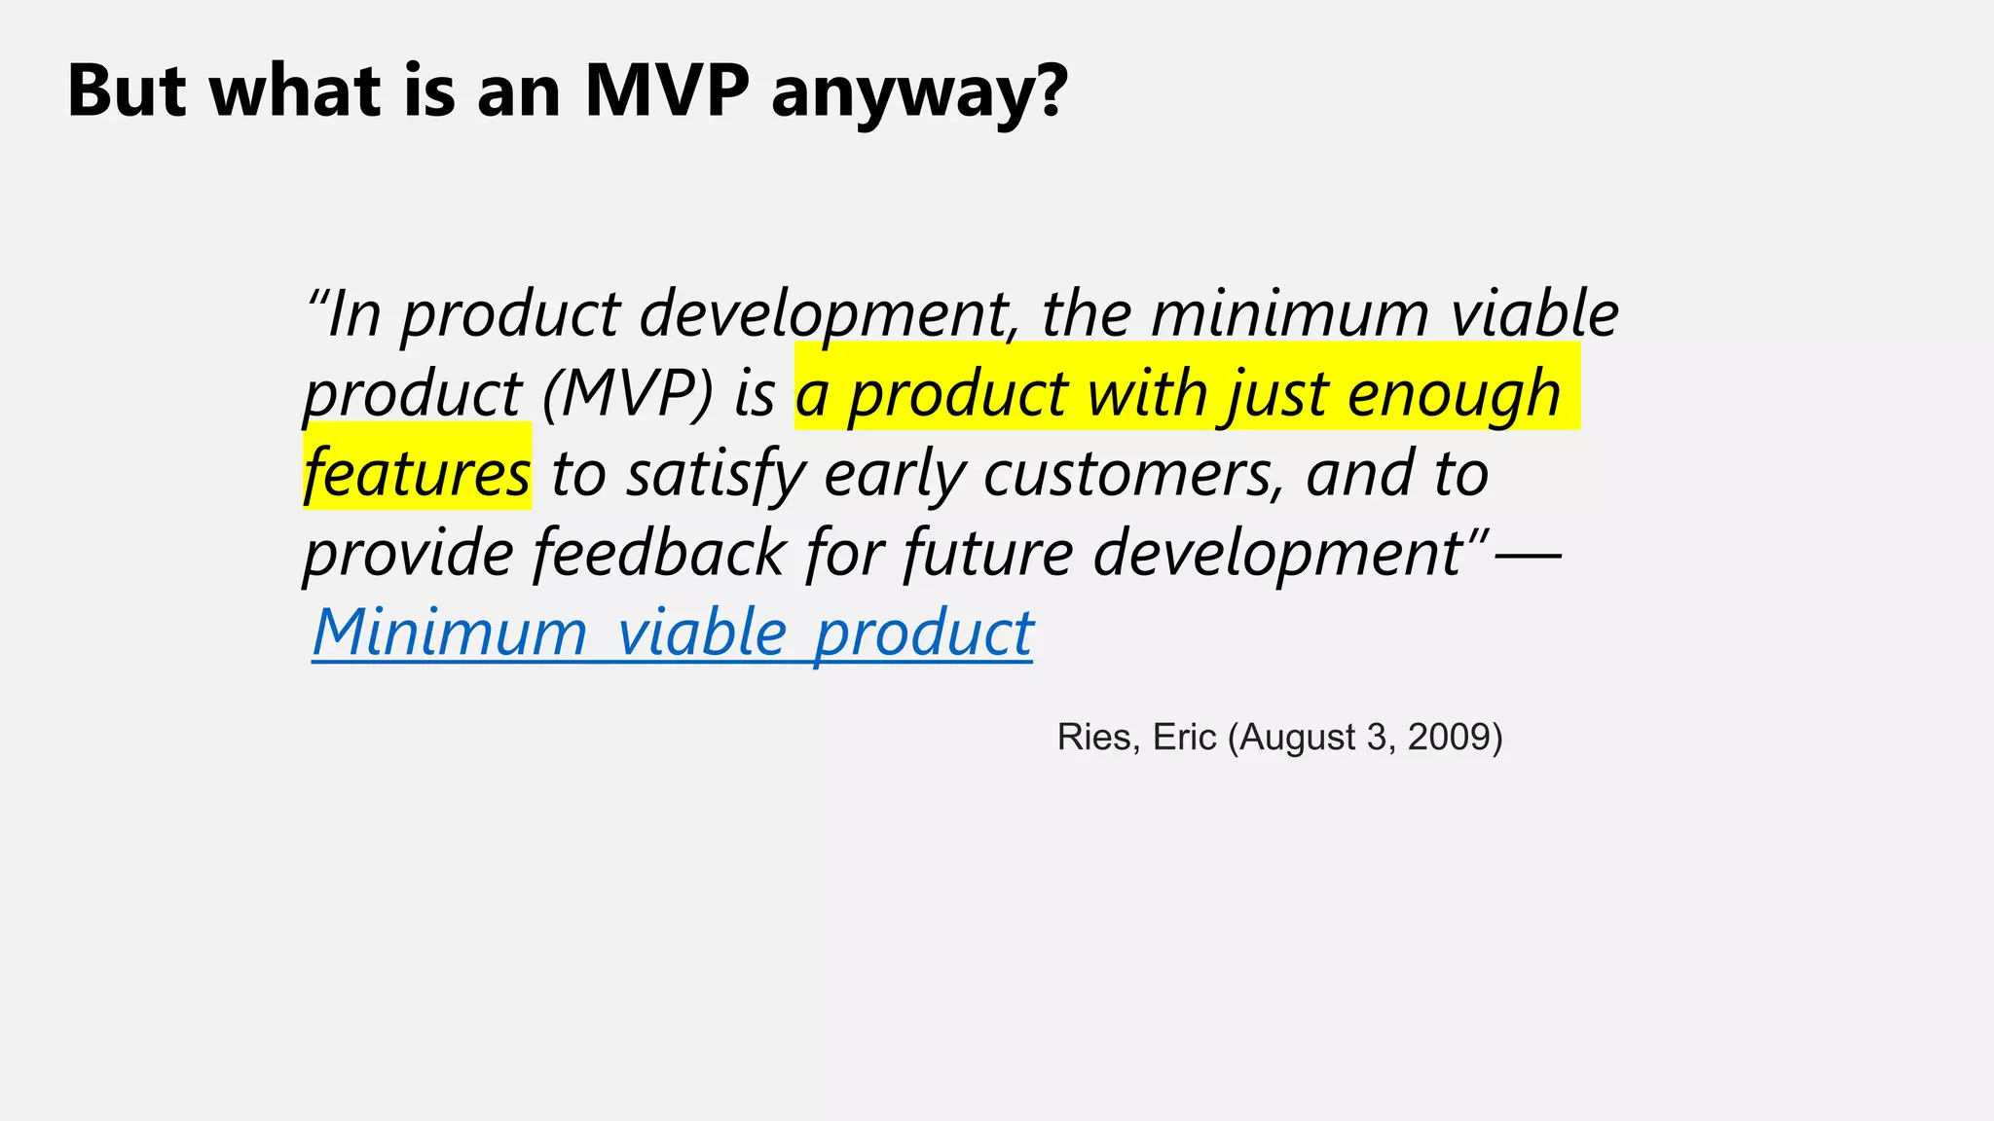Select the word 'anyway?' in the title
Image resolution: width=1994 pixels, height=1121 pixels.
919,94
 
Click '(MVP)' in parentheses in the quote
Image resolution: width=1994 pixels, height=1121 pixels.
628,394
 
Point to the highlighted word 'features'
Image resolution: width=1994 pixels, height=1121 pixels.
417,474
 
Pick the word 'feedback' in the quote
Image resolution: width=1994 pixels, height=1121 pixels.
659,553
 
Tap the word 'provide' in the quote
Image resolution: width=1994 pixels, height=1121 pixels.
408,553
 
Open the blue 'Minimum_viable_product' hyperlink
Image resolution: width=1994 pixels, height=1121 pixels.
672,633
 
